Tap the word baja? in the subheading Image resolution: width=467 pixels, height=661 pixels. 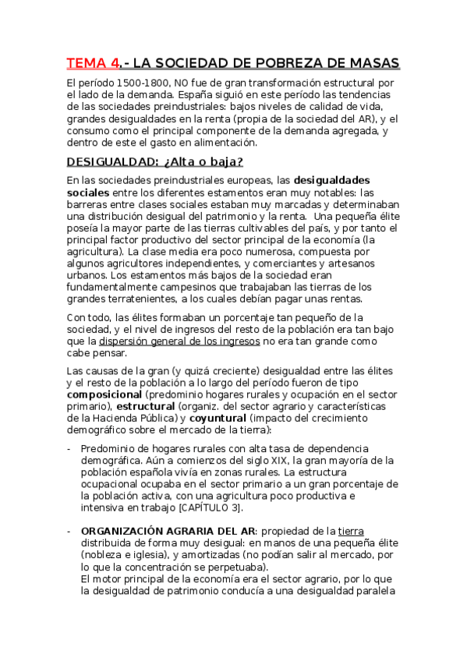pyautogui.click(x=221, y=161)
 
